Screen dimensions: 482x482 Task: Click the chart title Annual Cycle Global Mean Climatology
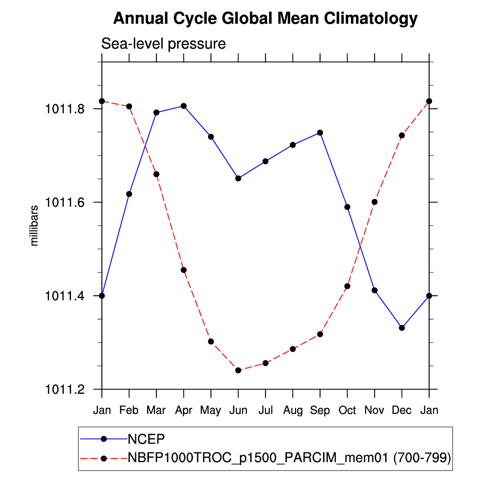(x=265, y=18)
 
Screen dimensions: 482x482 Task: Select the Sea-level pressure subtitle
(x=164, y=44)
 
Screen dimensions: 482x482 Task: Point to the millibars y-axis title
(x=34, y=225)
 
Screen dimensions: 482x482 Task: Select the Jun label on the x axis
(x=238, y=410)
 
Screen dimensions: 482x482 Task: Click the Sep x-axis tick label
(x=320, y=410)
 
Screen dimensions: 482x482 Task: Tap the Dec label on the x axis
(x=402, y=410)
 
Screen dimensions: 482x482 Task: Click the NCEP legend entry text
(x=147, y=439)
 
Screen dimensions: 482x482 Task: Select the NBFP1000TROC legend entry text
(x=289, y=458)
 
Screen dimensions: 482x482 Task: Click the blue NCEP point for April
(x=184, y=106)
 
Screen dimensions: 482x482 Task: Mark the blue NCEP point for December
(x=402, y=328)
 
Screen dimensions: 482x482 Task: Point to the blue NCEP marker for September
(x=320, y=133)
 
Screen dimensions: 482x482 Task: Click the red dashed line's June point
(x=238, y=370)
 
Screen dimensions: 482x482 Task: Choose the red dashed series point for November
(x=375, y=202)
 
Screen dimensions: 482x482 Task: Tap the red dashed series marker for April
(x=184, y=270)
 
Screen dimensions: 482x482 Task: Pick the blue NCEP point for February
(x=129, y=194)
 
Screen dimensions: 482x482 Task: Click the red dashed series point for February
(x=129, y=106)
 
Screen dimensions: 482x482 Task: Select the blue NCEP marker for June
(x=238, y=178)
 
